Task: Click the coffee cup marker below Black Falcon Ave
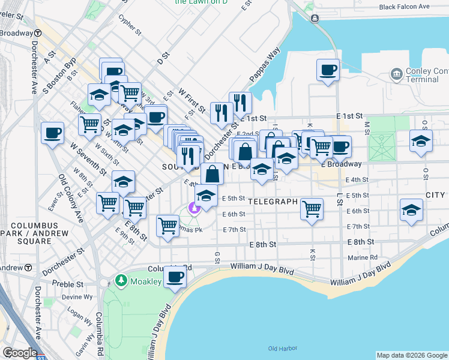(x=328, y=71)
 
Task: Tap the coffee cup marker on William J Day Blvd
(x=175, y=277)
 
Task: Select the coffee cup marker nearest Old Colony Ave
(x=52, y=132)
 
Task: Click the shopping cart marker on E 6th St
(x=312, y=209)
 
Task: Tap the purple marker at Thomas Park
(x=193, y=208)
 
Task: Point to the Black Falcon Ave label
(x=405, y=7)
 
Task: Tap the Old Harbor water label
(x=280, y=348)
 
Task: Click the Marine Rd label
(x=363, y=258)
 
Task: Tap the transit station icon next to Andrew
(x=28, y=267)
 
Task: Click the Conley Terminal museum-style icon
(x=396, y=74)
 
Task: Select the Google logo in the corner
(x=19, y=353)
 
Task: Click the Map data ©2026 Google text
(x=411, y=355)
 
